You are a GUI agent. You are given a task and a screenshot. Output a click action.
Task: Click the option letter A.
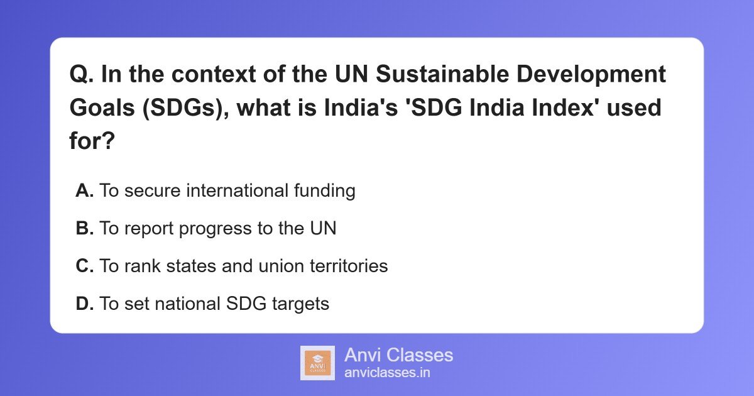(x=84, y=190)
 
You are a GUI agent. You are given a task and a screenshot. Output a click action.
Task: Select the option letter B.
(x=84, y=228)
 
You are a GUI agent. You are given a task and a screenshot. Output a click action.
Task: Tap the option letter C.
(x=84, y=266)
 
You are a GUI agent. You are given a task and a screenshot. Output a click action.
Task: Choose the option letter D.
(x=84, y=304)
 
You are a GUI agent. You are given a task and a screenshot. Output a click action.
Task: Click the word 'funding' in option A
(x=324, y=191)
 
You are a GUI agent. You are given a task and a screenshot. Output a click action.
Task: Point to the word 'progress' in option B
(x=215, y=229)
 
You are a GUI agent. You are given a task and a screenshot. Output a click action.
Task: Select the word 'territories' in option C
(x=349, y=266)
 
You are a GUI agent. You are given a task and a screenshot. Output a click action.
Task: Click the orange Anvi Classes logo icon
(x=317, y=363)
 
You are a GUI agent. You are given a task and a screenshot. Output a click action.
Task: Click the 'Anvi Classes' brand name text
(x=398, y=355)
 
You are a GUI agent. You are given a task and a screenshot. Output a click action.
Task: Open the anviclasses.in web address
(x=387, y=373)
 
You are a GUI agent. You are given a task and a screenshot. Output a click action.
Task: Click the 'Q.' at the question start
(x=82, y=74)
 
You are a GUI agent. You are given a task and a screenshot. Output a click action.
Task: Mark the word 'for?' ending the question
(x=92, y=140)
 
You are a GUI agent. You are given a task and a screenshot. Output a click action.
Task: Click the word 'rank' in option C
(x=143, y=266)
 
